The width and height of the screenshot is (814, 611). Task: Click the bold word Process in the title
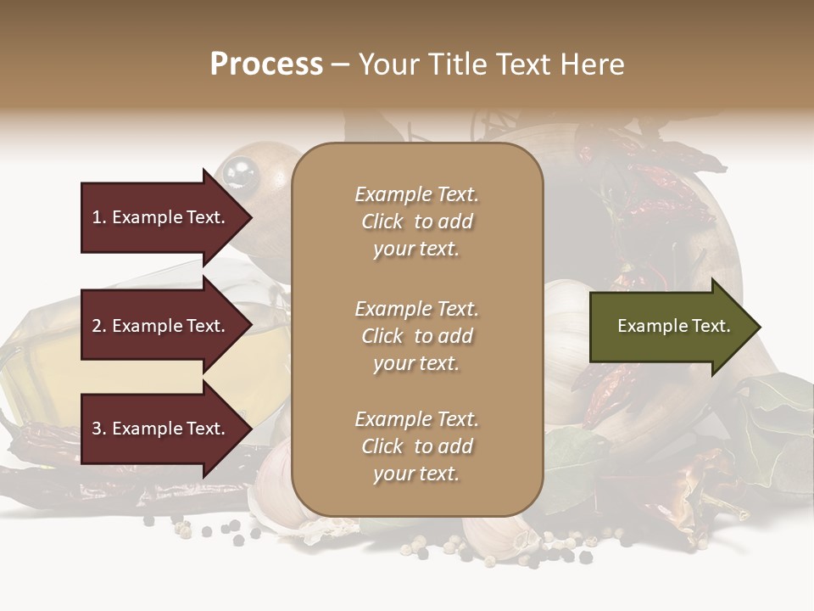266,64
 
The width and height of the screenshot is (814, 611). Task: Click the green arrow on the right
670,327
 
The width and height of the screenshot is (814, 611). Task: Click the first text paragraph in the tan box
416,221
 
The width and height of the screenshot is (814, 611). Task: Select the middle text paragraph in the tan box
416,336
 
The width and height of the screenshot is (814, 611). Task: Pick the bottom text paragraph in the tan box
416,446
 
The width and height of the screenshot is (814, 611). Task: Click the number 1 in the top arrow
98,217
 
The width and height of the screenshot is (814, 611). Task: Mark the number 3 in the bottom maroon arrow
98,429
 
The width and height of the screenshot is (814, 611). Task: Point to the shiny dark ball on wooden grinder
240,172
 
